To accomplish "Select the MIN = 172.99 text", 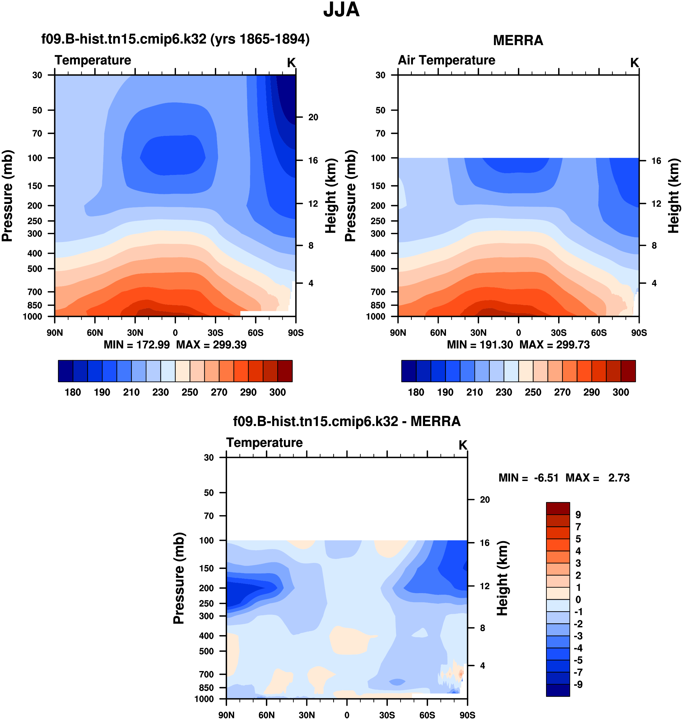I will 137,344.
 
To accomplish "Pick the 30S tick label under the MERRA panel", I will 558,333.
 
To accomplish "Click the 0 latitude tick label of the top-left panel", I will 175,333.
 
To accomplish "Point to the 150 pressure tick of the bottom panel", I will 207,568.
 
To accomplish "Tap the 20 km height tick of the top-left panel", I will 313,117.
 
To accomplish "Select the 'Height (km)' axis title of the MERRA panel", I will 674,196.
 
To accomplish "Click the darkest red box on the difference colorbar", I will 558,508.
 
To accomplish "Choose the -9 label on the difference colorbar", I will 578,684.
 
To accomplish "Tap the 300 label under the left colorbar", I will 278,392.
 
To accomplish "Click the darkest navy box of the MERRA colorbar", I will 408,371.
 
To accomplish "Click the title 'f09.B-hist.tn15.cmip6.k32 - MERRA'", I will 346,421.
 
